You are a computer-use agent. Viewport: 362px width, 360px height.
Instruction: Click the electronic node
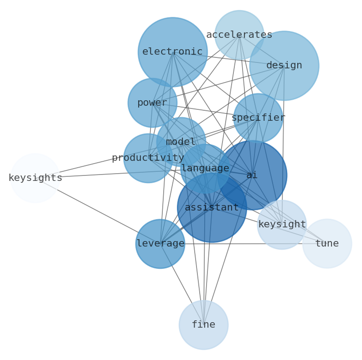(x=172, y=52)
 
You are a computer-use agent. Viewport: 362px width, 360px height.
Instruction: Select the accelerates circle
(x=239, y=35)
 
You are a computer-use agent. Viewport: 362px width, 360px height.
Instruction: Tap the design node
(x=284, y=66)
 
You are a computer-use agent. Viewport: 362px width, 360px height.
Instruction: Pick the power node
(x=152, y=103)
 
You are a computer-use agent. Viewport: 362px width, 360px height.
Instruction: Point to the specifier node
(x=258, y=118)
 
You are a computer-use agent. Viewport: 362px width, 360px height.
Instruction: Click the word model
(x=181, y=142)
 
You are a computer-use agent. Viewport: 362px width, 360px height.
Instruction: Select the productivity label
(x=148, y=158)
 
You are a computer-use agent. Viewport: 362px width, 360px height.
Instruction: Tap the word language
(x=205, y=169)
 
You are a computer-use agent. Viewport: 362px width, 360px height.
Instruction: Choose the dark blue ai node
(x=252, y=175)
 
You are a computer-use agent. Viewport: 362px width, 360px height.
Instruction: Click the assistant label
(x=212, y=208)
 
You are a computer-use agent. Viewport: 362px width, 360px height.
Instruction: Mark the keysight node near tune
(x=282, y=225)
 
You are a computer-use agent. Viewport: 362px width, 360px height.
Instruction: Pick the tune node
(x=327, y=243)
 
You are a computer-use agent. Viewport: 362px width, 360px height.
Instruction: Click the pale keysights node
(x=35, y=178)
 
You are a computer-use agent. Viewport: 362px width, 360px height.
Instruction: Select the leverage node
(x=160, y=244)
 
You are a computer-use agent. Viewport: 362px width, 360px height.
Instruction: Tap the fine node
(x=203, y=325)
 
